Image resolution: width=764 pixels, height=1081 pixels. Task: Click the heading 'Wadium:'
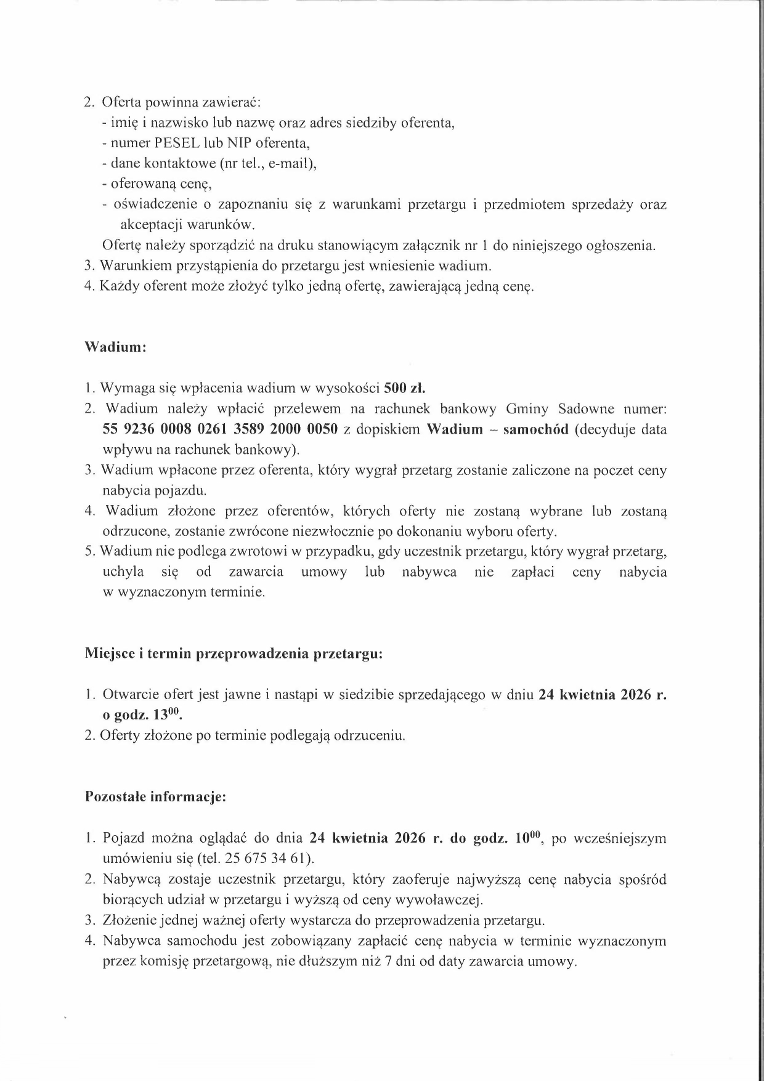(115, 347)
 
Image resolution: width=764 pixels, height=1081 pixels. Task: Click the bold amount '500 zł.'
(405, 388)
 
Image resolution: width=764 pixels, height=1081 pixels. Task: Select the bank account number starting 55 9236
(220, 429)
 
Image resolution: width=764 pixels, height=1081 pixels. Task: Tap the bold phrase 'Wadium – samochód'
(498, 429)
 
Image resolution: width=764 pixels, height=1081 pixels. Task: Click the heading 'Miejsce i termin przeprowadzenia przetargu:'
(234, 654)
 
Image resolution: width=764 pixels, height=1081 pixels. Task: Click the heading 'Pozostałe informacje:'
(155, 796)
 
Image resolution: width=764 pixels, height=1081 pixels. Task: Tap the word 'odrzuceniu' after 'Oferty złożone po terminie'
(369, 736)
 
